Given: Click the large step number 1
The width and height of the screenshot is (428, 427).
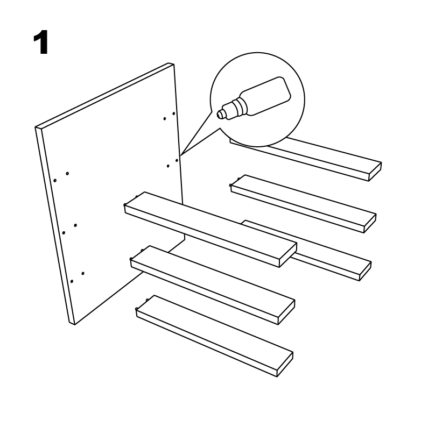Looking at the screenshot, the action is [x=41, y=42].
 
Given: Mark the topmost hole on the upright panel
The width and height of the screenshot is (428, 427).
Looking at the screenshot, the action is [x=173, y=113].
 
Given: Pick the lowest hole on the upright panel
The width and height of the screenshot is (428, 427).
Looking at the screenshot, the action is [x=72, y=281].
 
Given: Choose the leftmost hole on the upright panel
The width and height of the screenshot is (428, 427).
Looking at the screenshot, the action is [x=55, y=181].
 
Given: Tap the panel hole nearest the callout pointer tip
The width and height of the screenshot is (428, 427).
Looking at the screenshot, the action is [x=177, y=160].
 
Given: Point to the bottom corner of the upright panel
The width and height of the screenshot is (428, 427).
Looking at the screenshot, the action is [x=74, y=324].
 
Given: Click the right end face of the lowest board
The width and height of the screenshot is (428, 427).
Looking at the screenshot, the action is [x=285, y=365].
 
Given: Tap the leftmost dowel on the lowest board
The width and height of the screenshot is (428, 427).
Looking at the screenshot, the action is [x=137, y=309].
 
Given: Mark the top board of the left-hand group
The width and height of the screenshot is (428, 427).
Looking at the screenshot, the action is [x=211, y=229].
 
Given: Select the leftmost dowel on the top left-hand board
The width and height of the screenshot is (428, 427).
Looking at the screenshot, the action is [x=125, y=205].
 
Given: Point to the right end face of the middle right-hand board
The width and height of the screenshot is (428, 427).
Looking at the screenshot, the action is [x=370, y=224].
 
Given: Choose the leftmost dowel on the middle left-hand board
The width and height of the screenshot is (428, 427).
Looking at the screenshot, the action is [x=131, y=259].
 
